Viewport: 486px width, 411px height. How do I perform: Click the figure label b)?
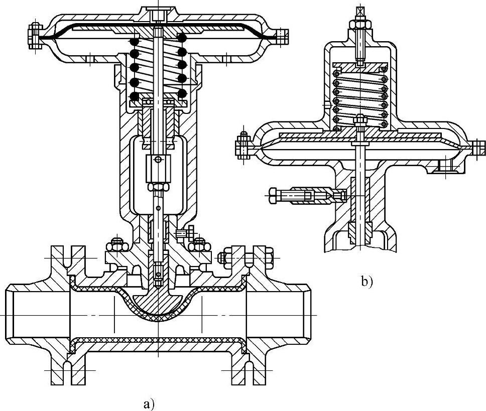pyautogui.click(x=367, y=282)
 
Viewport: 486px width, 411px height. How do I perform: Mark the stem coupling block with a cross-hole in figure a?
pyautogui.click(x=158, y=168)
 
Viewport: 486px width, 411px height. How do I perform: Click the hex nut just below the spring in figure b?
pyautogui.click(x=360, y=120)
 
